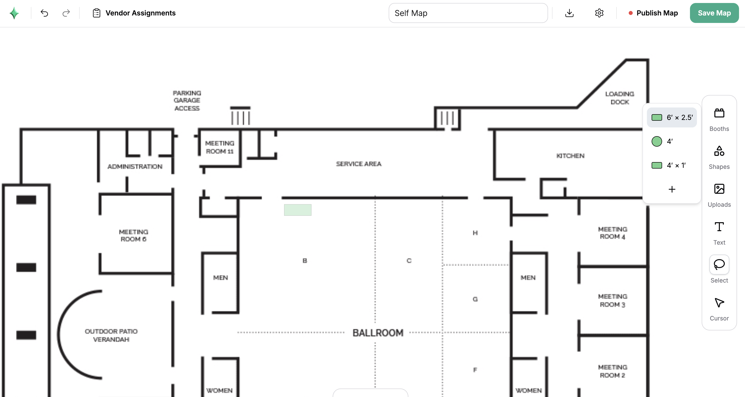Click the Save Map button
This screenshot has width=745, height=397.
[x=714, y=13]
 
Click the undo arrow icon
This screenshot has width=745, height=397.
[x=44, y=13]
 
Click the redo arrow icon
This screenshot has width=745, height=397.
[x=66, y=13]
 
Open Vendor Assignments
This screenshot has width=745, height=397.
[x=134, y=13]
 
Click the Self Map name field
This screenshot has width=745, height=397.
[x=468, y=13]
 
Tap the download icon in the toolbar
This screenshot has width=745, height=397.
[x=569, y=13]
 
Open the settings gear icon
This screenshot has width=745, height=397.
[x=599, y=13]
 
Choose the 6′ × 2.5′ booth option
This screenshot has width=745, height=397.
[x=672, y=117]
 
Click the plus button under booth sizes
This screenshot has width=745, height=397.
[x=672, y=189]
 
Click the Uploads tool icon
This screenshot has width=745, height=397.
[x=719, y=189]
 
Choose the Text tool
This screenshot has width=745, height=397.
[x=719, y=227]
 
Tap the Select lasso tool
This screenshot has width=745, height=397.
[x=719, y=265]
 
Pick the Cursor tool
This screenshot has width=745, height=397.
[x=719, y=302]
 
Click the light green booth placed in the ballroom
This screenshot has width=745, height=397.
[x=298, y=210]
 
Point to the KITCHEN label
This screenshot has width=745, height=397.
[x=570, y=156]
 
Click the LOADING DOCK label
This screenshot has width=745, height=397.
[x=620, y=98]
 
